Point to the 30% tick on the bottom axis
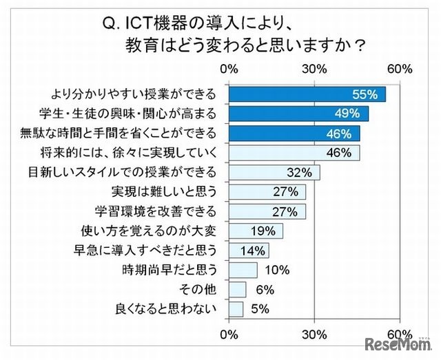click(x=314, y=334)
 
